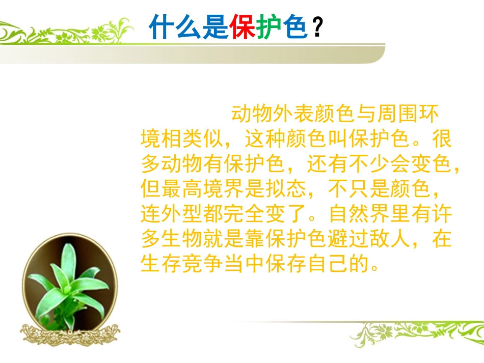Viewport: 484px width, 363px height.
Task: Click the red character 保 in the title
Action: coord(242,27)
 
